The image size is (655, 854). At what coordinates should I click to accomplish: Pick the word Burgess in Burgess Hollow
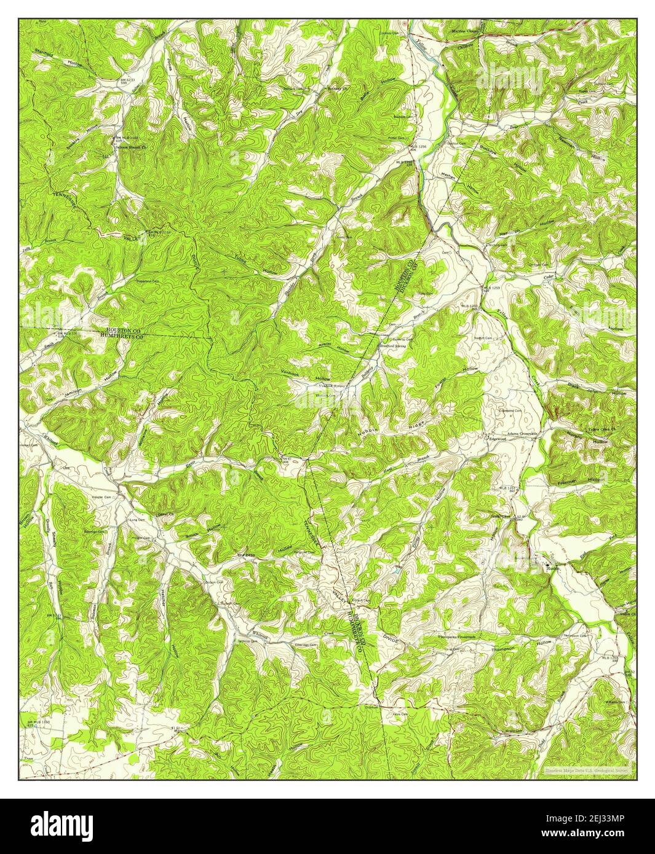coord(246,554)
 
